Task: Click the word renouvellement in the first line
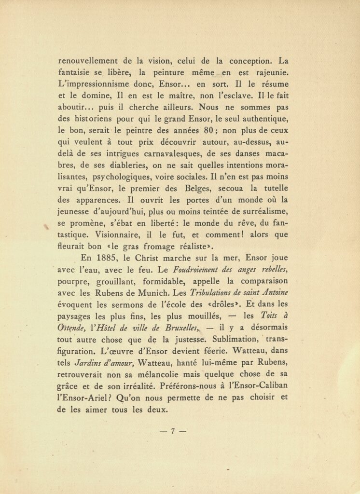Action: click(x=88, y=61)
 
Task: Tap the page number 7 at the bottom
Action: click(x=172, y=432)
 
